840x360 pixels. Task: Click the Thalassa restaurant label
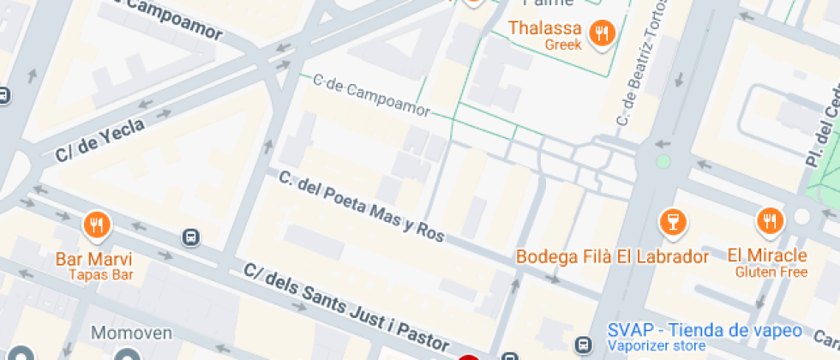pos(546,28)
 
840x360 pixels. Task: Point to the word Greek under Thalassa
pos(563,45)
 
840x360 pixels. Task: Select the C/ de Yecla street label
pos(99,140)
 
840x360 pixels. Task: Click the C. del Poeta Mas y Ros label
pos(362,206)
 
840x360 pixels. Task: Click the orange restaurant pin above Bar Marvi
pos(95,225)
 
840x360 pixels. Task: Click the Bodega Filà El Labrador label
pos(612,256)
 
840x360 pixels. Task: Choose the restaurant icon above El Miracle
pos(770,222)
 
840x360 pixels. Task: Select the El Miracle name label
pos(767,255)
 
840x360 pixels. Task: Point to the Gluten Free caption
pos(771,272)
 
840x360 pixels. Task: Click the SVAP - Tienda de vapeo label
pos(705,330)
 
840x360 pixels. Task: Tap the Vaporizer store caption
pos(656,346)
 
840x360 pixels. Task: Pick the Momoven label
pos(132,333)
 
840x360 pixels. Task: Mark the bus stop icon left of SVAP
pos(585,343)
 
